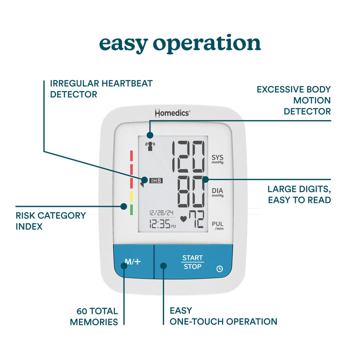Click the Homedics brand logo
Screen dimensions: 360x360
tap(171, 113)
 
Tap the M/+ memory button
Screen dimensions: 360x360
tap(133, 261)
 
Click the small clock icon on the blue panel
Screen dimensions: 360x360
tap(219, 268)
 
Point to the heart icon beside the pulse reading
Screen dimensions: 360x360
tap(183, 218)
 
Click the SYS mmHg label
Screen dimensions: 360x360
tap(217, 159)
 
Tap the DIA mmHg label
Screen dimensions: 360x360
tap(217, 192)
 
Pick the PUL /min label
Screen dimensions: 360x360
tap(217, 226)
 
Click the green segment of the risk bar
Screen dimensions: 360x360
tap(131, 209)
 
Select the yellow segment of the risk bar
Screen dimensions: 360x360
tap(131, 196)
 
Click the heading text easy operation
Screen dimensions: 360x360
tap(180, 43)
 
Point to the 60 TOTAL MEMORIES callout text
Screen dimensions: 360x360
tap(94, 316)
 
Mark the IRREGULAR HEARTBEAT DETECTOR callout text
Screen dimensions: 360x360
tap(97, 88)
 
